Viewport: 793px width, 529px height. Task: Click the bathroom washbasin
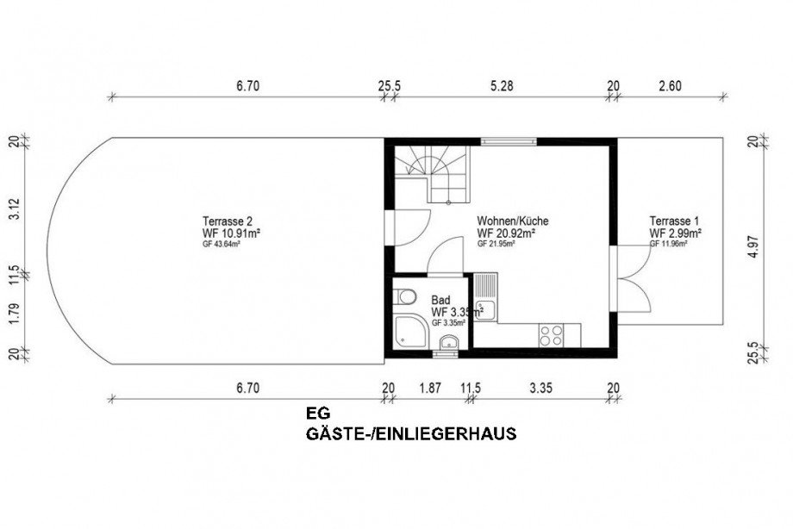click(446, 345)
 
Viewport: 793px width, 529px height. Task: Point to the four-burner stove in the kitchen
click(551, 333)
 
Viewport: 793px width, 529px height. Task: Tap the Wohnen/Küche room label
click(512, 221)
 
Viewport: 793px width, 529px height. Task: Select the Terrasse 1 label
click(676, 221)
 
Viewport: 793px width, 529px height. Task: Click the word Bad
click(440, 301)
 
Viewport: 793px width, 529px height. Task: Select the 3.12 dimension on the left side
click(13, 206)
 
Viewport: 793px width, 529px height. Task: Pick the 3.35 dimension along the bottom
click(540, 389)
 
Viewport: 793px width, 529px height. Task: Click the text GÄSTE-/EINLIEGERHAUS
click(411, 434)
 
